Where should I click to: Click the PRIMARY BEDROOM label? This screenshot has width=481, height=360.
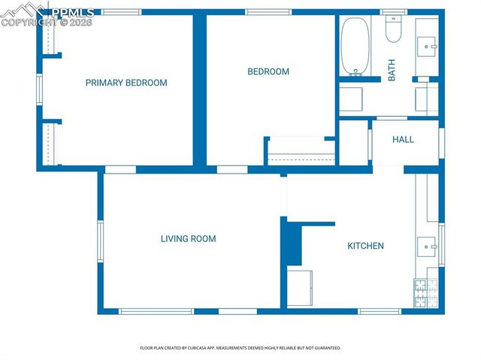(126, 83)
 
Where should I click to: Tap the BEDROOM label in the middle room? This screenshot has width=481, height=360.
(268, 72)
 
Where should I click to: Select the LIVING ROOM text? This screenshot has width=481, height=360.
(188, 239)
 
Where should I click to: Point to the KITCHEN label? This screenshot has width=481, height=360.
(365, 246)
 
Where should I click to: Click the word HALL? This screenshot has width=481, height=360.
(403, 140)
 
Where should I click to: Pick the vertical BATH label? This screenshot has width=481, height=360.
(392, 71)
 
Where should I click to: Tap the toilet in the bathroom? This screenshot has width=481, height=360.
(394, 29)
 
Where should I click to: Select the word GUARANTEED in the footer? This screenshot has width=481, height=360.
(325, 348)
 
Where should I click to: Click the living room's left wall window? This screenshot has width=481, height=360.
(99, 241)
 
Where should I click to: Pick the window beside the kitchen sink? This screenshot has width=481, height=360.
(441, 245)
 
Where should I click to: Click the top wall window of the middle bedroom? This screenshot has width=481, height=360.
(268, 12)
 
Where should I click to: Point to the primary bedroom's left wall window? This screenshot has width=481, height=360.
(40, 88)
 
